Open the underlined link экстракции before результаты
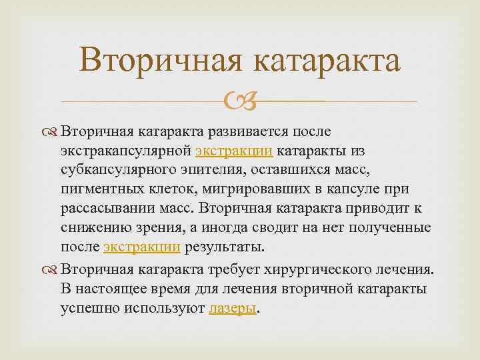(x=142, y=247)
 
